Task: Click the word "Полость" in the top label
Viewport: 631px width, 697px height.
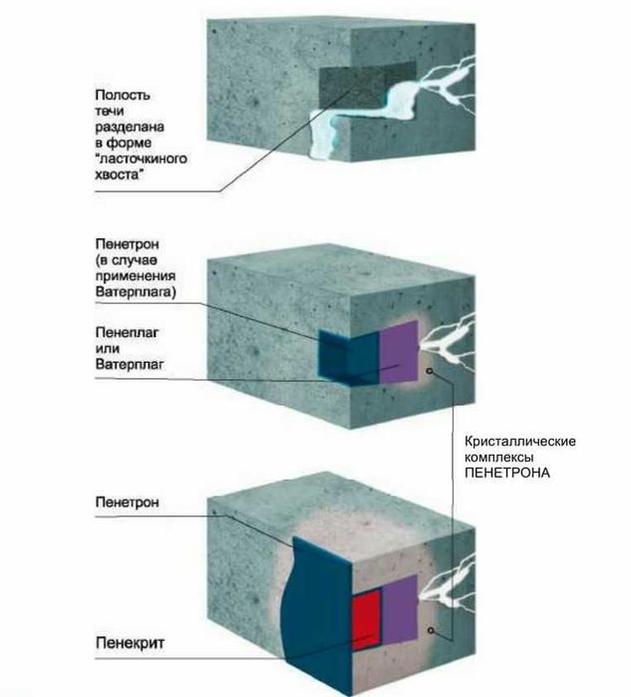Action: [123, 95]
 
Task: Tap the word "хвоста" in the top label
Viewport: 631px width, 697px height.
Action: [120, 174]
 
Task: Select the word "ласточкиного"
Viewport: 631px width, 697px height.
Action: [141, 159]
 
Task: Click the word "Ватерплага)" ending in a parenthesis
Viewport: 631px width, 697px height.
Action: [136, 292]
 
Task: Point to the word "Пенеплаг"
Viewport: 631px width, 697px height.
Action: [127, 332]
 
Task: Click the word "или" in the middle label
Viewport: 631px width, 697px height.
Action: [107, 349]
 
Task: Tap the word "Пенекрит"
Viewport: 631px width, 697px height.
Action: [130, 643]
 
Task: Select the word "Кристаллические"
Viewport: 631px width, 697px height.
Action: [520, 442]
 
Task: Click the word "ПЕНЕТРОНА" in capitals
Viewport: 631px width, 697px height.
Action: [507, 473]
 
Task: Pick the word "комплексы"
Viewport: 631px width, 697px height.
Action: [499, 458]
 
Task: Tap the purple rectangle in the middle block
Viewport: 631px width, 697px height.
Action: [399, 352]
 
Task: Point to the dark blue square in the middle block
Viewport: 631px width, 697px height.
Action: [349, 358]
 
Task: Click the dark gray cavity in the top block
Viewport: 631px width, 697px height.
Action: [367, 86]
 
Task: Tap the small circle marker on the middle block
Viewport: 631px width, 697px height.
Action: [430, 371]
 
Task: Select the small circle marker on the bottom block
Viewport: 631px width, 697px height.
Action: [431, 630]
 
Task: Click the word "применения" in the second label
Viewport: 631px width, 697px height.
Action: [136, 276]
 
